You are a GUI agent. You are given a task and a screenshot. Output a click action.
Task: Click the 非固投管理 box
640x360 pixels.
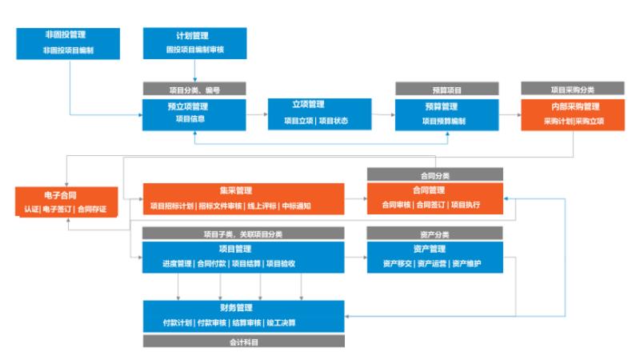[x=68, y=44]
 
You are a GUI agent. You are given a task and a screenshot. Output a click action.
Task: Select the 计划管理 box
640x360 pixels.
[x=194, y=43]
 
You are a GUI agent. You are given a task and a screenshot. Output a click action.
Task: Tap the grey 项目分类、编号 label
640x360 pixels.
[x=194, y=89]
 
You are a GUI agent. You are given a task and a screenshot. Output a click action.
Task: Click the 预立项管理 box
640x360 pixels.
[x=194, y=114]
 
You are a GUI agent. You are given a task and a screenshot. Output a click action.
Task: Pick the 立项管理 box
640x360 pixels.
[x=319, y=114]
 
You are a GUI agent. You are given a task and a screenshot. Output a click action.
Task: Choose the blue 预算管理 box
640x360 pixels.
[x=447, y=114]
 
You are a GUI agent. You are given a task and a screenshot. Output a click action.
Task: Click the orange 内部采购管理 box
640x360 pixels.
[x=573, y=114]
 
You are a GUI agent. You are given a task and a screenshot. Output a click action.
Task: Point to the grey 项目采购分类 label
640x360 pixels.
[x=573, y=89]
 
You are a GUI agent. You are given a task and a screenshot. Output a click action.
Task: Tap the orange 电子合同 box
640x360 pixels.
[x=66, y=202]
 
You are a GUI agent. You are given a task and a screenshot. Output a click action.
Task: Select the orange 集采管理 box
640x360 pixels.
[x=244, y=198]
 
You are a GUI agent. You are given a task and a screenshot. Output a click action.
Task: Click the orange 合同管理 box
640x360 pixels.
[x=435, y=198]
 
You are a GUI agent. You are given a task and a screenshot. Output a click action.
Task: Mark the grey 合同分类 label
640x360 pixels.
[x=435, y=174]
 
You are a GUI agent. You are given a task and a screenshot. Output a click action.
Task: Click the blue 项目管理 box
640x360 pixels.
[x=243, y=257]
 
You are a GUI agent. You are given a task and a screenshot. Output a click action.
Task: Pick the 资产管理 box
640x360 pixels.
[x=435, y=257]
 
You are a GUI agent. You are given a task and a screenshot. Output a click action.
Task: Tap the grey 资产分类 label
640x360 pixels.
[x=435, y=233]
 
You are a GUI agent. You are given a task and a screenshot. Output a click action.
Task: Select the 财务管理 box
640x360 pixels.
[x=244, y=316]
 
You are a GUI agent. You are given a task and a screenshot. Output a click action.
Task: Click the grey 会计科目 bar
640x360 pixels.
[x=244, y=342]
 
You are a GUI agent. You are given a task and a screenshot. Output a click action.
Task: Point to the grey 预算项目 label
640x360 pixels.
[x=447, y=89]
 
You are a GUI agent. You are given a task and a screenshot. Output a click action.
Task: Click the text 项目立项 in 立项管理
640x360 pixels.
[x=298, y=121]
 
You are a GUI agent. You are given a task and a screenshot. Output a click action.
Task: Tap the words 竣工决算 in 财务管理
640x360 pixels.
[x=282, y=323]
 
